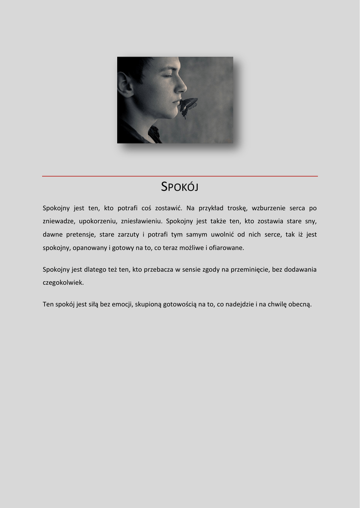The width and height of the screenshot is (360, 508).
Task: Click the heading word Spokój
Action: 180,187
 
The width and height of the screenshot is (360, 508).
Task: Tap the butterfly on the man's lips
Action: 188,106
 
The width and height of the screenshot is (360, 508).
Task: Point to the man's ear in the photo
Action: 125,84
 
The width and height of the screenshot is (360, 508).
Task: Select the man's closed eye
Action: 167,75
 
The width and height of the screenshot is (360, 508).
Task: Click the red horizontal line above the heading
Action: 180,176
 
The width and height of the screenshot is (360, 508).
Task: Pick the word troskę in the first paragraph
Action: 237,208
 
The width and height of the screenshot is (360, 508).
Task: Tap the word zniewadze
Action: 59,221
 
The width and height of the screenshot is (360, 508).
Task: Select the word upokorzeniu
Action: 98,221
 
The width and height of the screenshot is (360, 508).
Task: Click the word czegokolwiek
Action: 63,282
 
